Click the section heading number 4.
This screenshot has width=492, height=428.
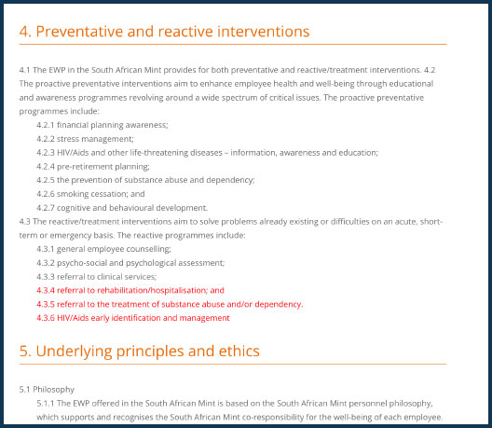(25, 32)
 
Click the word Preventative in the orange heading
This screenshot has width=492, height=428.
(79, 32)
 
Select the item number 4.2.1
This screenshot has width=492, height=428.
(46, 125)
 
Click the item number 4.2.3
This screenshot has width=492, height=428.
(46, 153)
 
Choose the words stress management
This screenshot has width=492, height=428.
(95, 139)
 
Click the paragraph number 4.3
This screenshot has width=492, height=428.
(25, 222)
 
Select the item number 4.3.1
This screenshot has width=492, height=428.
(46, 249)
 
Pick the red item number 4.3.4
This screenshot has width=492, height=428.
(46, 291)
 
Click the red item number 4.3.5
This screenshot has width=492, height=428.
(46, 304)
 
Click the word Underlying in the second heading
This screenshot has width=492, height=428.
(74, 351)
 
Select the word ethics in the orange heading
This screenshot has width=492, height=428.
(239, 351)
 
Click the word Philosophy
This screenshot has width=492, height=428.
(54, 390)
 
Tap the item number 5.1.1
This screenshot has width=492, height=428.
(46, 403)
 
